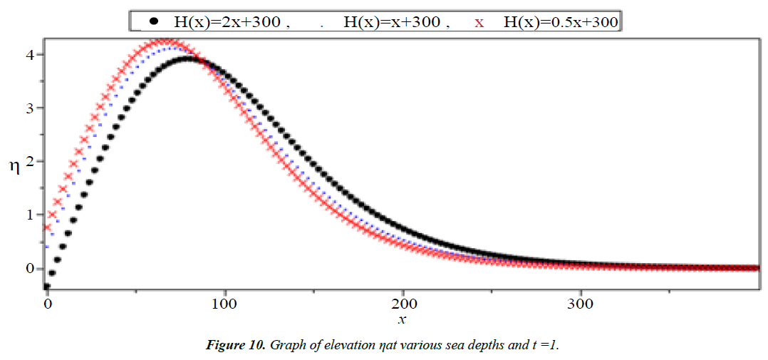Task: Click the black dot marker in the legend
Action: point(152,21)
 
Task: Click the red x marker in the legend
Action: point(479,22)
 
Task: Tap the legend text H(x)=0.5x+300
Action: point(560,22)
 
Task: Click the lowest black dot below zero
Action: point(47,286)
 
